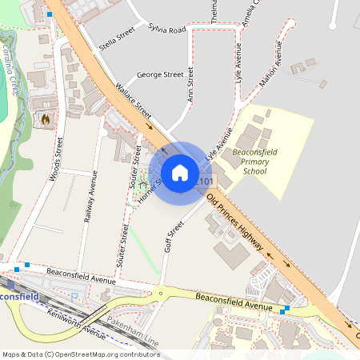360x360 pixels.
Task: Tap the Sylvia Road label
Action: [x=166, y=30]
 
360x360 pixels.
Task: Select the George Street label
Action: [x=160, y=74]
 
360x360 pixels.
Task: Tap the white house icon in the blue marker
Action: [x=180, y=172]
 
